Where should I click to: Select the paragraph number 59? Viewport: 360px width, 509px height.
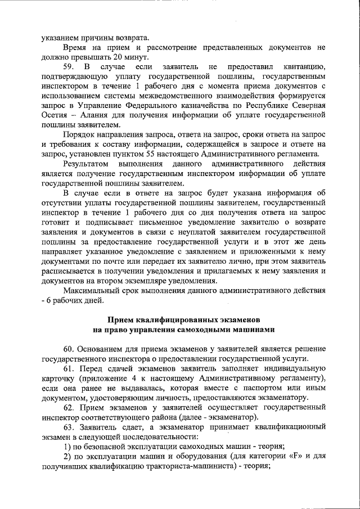pyautogui.click(x=69, y=67)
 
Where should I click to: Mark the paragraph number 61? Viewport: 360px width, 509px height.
pyautogui.click(x=69, y=368)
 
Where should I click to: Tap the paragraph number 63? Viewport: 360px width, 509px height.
pyautogui.click(x=69, y=426)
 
